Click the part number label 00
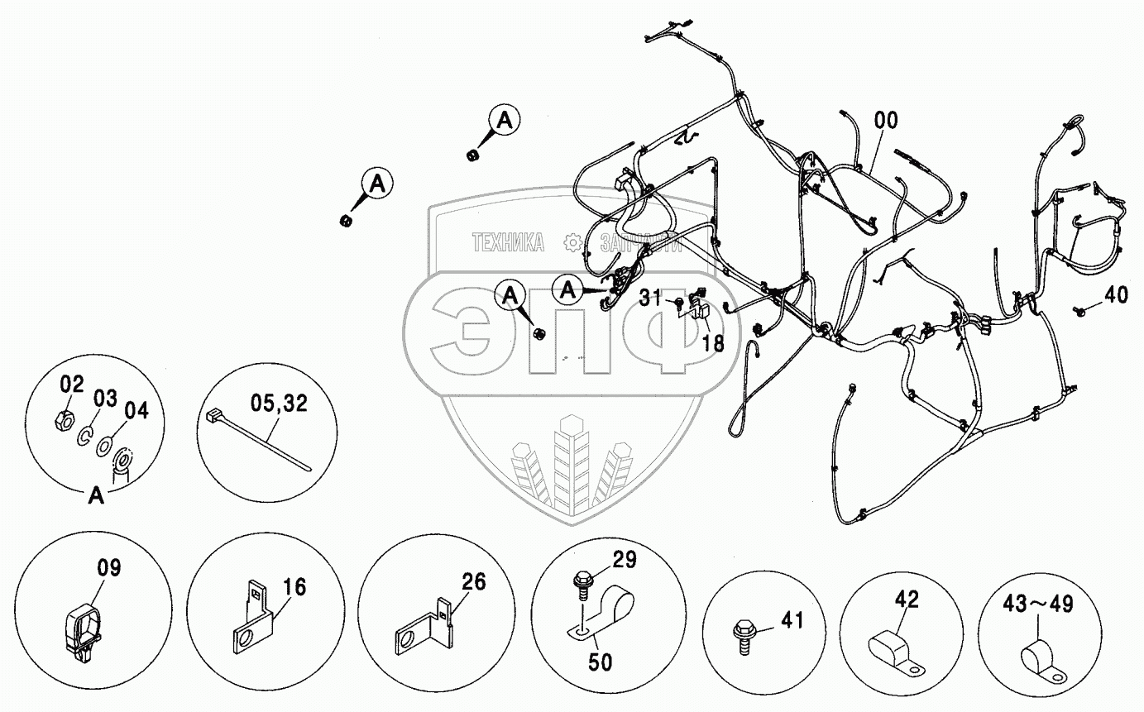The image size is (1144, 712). coord(884,121)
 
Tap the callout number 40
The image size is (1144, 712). coord(1115,295)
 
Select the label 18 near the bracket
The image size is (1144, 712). coord(712,342)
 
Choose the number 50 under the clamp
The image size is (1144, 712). coord(601,662)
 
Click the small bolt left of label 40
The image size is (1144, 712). coord(1081,310)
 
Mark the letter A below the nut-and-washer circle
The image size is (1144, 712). coord(97,496)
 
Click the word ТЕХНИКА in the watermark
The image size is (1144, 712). coord(508,242)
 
